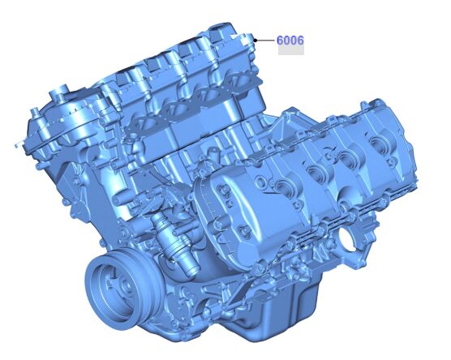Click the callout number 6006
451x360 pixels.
290,40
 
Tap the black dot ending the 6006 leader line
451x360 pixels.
256,40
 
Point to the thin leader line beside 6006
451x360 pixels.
265,40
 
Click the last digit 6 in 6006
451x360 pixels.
300,40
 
